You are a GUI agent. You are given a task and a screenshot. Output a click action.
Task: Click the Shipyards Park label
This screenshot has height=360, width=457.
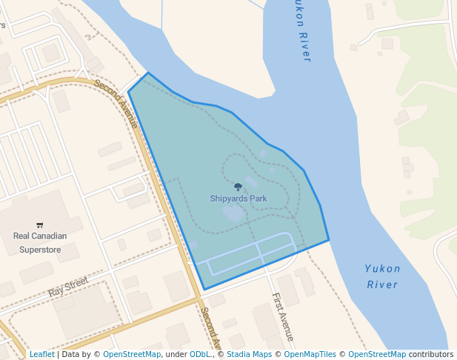click(238, 199)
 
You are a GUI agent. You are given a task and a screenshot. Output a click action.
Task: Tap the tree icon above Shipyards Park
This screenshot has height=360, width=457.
click(238, 187)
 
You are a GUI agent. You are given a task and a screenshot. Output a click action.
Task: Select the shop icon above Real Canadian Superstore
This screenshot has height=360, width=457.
click(40, 225)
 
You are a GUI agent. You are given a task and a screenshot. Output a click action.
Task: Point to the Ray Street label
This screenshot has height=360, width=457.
click(68, 287)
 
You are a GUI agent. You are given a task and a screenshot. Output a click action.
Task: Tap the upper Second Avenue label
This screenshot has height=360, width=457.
click(117, 104)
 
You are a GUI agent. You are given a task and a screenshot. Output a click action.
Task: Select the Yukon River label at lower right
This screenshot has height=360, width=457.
click(382, 276)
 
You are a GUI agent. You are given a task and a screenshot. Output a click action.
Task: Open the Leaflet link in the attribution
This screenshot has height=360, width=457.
click(41, 354)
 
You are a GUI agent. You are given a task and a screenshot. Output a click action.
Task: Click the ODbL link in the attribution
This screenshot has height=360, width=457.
click(200, 354)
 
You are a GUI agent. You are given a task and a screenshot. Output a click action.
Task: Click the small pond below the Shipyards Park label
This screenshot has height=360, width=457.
click(233, 214)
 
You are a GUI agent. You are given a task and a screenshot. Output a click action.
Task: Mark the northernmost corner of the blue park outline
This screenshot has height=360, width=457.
click(149, 73)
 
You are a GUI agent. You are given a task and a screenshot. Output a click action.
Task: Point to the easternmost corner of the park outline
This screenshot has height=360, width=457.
click(329, 240)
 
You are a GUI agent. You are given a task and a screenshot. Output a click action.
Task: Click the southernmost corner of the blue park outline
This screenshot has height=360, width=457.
click(204, 289)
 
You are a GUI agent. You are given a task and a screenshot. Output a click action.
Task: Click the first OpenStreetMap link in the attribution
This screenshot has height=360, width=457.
click(132, 354)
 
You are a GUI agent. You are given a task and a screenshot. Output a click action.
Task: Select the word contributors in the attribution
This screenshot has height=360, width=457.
click(430, 354)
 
